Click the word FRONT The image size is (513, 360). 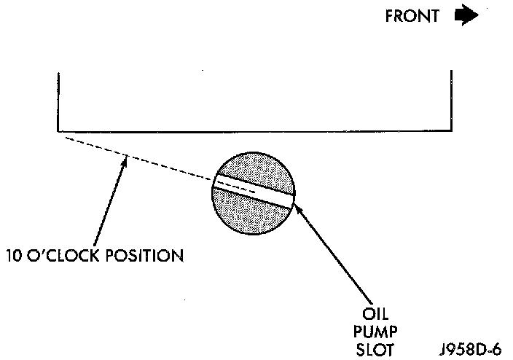pyautogui.click(x=412, y=16)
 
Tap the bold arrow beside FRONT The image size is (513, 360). pyautogui.click(x=466, y=15)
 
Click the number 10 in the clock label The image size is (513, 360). pyautogui.click(x=14, y=256)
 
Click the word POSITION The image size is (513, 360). pyautogui.click(x=144, y=256)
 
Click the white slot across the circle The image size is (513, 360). pyautogui.click(x=254, y=190)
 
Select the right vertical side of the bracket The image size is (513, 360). pyautogui.click(x=452, y=101)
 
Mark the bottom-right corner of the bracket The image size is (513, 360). pyautogui.click(x=452, y=131)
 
